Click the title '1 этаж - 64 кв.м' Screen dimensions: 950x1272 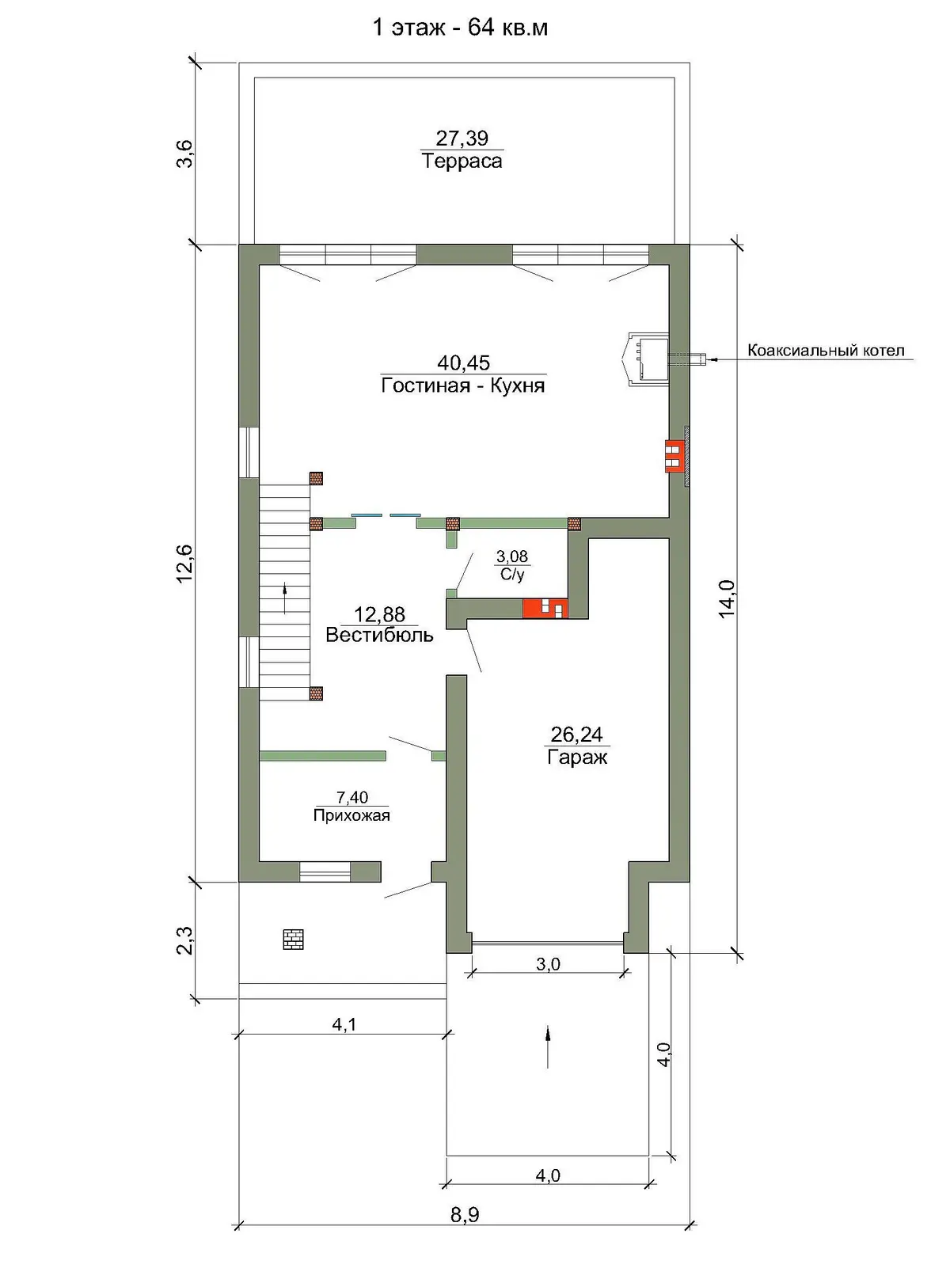tap(460, 28)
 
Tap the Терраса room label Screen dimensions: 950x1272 tap(462, 161)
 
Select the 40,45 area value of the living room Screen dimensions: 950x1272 tap(463, 363)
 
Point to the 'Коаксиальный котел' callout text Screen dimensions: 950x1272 tap(826, 351)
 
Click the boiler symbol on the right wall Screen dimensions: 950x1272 tap(646, 358)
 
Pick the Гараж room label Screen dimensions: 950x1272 tap(577, 757)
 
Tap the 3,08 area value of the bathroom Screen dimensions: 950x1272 tap(512, 557)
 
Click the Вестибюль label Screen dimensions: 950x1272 tap(379, 635)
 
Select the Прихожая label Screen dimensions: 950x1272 tap(351, 816)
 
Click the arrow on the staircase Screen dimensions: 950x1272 tap(284, 598)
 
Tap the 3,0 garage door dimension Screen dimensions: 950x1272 tap(548, 964)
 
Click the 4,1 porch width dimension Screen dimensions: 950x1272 tap(344, 1024)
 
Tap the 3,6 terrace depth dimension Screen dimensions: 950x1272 tap(185, 154)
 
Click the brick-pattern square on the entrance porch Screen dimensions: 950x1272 tap(293, 939)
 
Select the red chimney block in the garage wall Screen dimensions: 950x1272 tap(545, 608)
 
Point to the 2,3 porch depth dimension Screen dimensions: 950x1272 tap(185, 940)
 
